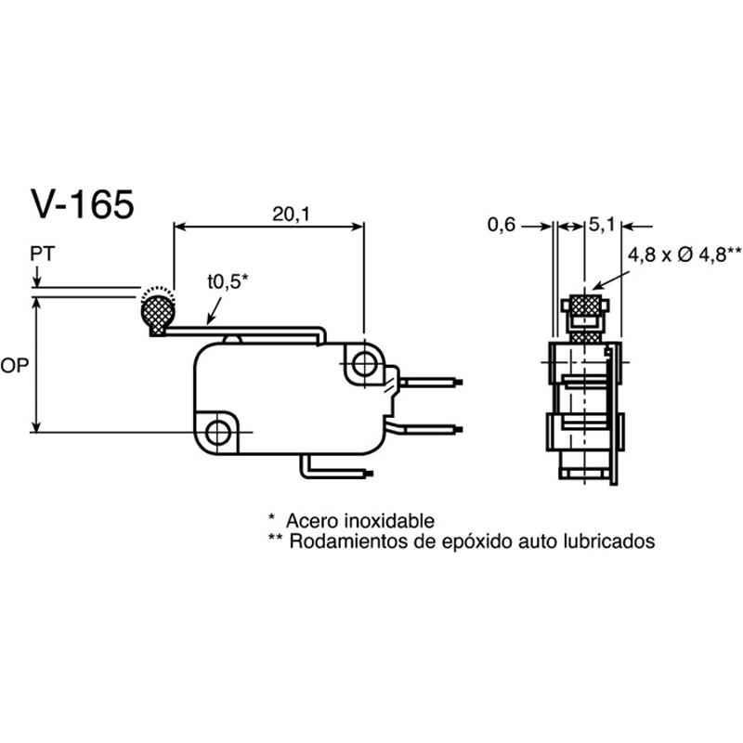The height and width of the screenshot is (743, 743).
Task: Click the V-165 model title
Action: click(83, 203)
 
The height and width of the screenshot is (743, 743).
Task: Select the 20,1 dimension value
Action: click(291, 215)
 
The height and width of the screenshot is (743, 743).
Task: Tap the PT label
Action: click(43, 254)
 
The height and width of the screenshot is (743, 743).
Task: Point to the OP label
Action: click(15, 365)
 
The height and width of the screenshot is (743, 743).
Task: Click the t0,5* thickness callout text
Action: click(227, 281)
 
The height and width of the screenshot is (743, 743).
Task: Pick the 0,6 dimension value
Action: click(501, 225)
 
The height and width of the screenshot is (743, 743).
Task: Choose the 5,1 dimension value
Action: click(601, 225)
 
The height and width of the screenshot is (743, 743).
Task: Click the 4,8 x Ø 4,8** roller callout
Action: click(684, 254)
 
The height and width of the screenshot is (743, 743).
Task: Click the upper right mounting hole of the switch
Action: click(363, 363)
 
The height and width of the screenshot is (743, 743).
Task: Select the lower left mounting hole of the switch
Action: click(217, 432)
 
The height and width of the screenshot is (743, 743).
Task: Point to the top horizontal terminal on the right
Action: click(431, 382)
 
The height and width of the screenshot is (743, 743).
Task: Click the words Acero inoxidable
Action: click(360, 521)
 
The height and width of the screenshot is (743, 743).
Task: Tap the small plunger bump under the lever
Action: click(231, 339)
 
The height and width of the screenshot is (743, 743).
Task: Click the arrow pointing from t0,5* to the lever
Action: click(215, 311)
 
